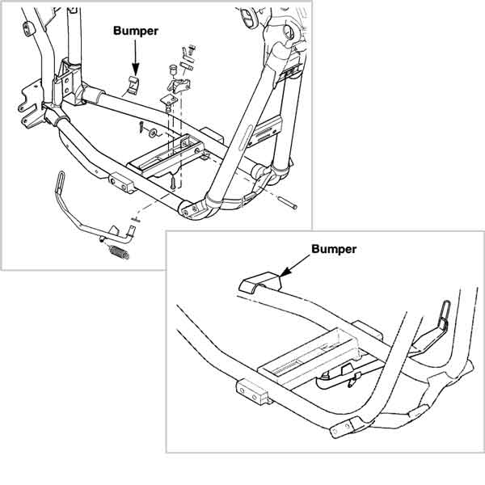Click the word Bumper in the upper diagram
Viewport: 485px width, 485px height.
(x=136, y=32)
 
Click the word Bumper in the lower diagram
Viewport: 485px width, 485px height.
(x=334, y=249)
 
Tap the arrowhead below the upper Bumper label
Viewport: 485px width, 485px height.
(x=136, y=69)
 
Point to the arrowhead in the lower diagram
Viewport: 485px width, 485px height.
(x=285, y=271)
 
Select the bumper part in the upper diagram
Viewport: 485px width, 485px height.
(x=133, y=85)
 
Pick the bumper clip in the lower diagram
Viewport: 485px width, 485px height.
(x=260, y=282)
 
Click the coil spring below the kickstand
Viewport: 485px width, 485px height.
(x=120, y=251)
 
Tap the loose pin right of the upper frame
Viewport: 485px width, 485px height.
(x=288, y=203)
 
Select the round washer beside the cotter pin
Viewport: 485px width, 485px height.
(x=153, y=133)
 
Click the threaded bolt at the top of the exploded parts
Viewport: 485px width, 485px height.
(x=192, y=50)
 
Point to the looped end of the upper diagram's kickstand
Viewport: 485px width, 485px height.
(x=61, y=181)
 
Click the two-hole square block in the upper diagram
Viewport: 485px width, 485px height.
(x=121, y=183)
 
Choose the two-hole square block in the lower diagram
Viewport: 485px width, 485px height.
(x=252, y=392)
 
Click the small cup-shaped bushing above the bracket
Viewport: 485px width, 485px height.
(x=173, y=70)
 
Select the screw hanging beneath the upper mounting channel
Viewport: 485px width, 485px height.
(x=173, y=181)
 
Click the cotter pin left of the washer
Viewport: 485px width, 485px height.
(x=141, y=127)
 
